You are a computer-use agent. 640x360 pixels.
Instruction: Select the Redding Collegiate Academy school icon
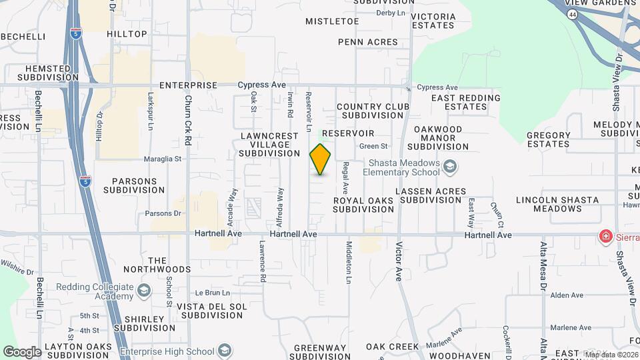coord(143,291)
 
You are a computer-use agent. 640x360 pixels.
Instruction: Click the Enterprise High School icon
coord(225,351)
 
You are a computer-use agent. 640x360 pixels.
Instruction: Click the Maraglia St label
coord(163,159)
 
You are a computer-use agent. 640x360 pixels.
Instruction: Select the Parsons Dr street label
coord(163,214)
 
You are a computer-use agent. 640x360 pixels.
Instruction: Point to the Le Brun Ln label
coord(212,293)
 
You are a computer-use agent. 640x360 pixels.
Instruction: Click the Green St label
coord(373,146)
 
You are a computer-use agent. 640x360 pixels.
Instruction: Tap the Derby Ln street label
coord(391,13)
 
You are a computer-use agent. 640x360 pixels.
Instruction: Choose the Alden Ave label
coord(567,295)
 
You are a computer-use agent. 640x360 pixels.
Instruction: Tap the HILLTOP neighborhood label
coord(127,34)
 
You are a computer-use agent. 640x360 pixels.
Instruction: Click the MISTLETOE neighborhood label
coord(332,21)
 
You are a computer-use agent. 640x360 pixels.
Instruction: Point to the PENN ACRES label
coord(368,42)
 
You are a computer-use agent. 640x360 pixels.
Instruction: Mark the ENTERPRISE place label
coord(189,85)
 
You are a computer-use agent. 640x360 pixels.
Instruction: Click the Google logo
coord(21,351)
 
